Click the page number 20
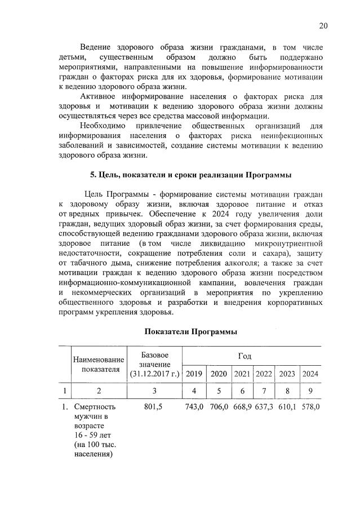point(323,25)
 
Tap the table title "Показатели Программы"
point(190,332)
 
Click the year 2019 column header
point(194,374)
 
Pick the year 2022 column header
point(263,374)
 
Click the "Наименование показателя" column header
point(97,365)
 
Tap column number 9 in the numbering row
point(310,390)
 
